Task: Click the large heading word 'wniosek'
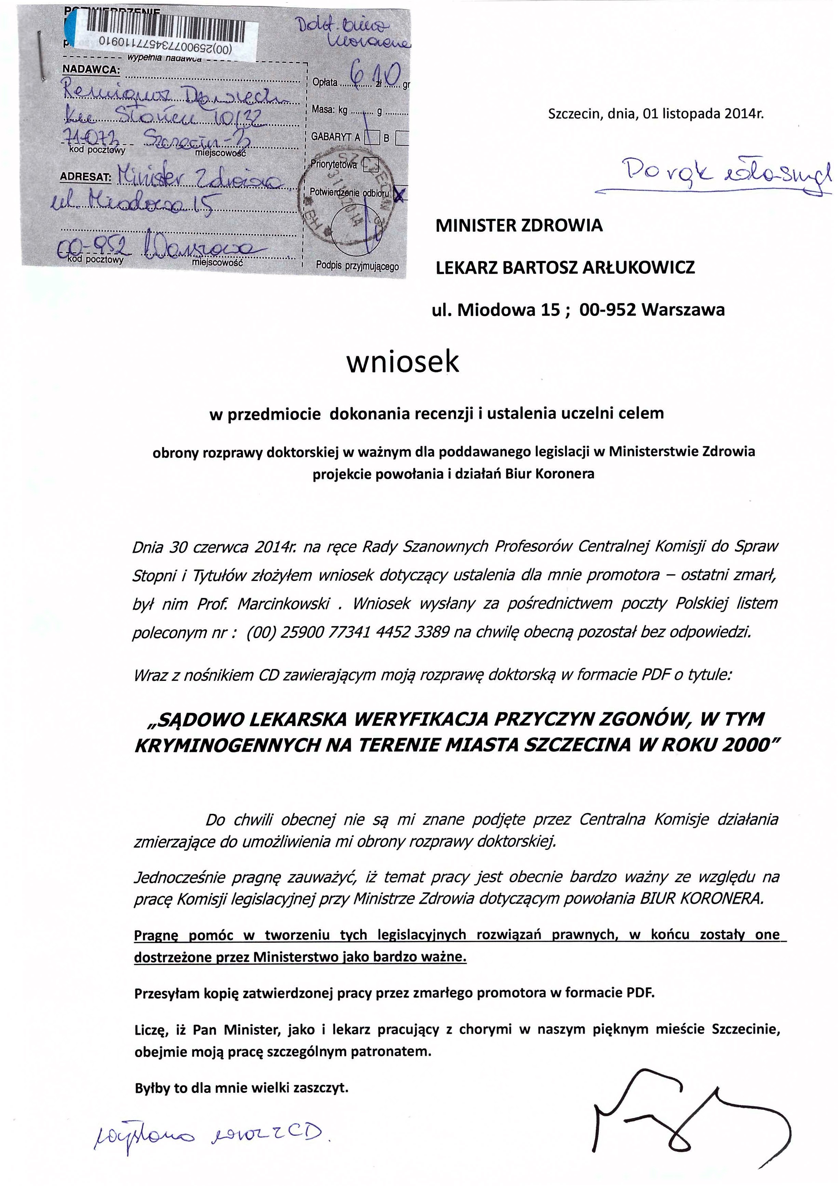coord(402,361)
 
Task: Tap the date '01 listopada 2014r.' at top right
coord(703,114)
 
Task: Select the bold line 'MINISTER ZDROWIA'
coord(519,225)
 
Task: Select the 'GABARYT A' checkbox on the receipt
coord(372,137)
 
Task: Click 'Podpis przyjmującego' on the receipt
coord(357,266)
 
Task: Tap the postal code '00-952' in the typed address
coord(608,309)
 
